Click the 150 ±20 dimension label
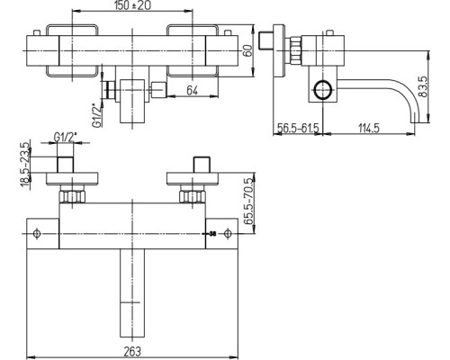132,5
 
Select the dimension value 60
247,50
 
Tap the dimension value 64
193,90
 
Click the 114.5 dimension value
369,128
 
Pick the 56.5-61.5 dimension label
298,128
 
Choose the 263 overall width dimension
132,351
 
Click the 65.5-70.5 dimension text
248,202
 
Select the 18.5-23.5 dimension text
25,165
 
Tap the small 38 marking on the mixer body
212,234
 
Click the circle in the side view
323,90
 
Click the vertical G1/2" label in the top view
96,115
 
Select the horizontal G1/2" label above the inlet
66,137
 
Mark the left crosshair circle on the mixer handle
36,233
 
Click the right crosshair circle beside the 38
228,233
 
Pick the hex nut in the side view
295,50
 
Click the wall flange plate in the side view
278,50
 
